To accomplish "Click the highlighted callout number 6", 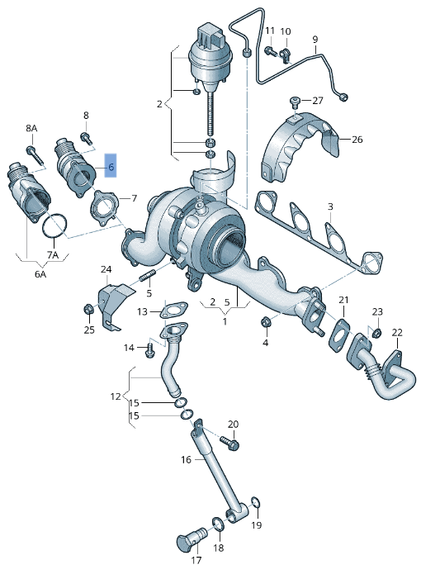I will (111, 168).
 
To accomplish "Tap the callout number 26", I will (357, 139).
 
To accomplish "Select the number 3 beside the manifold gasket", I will (329, 206).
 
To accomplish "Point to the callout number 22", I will (397, 333).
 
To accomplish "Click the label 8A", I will (31, 129).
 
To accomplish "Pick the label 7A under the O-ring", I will (53, 255).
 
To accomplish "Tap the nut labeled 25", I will (88, 310).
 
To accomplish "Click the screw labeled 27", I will (295, 102).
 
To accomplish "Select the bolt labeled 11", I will (269, 51).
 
